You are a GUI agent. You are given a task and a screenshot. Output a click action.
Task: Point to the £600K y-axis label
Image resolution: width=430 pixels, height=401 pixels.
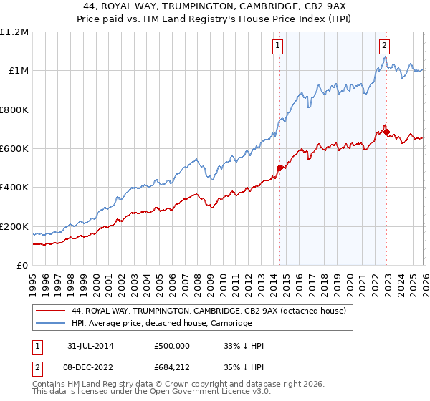coord(14,149)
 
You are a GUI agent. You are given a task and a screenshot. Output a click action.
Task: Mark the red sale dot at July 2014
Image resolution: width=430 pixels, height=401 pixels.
coord(279,168)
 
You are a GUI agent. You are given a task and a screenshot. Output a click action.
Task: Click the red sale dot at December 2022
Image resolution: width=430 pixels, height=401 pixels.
coord(386,132)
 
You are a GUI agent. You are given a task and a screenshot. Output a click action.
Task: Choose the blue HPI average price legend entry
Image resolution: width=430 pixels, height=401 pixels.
coord(161,323)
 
